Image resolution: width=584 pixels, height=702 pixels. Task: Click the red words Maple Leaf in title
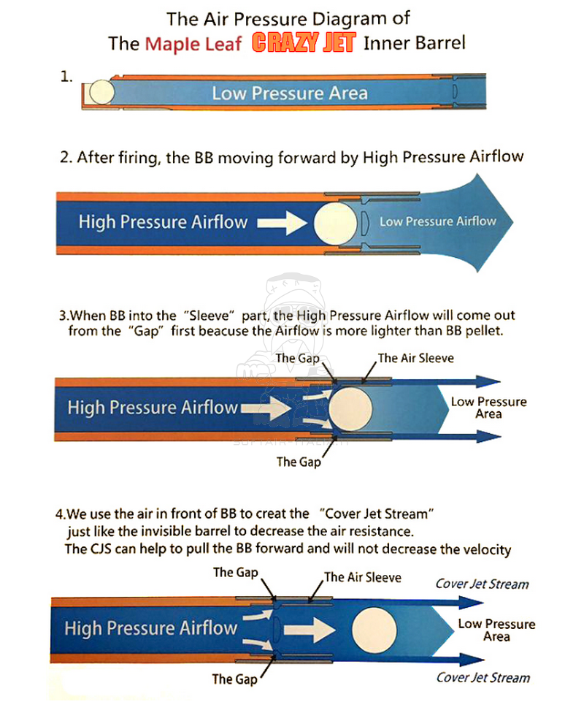click(193, 44)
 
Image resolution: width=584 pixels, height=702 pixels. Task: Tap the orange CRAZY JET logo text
click(304, 43)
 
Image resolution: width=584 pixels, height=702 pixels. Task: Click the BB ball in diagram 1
click(102, 92)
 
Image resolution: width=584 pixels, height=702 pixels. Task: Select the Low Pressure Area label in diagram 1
click(290, 93)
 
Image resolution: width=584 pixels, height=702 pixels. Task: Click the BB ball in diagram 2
click(336, 223)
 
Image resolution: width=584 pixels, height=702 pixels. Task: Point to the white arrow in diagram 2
click(283, 223)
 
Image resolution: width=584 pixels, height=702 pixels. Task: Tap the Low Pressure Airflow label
click(438, 221)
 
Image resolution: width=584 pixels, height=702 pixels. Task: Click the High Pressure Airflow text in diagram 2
click(163, 221)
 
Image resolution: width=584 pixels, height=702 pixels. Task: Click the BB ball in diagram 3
click(350, 408)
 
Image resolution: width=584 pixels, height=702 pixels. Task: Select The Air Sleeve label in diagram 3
click(416, 358)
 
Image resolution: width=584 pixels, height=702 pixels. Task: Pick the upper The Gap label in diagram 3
click(298, 358)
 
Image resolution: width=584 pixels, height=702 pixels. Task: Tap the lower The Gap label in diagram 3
click(299, 462)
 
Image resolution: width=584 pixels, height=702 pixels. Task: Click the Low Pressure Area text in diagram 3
click(488, 408)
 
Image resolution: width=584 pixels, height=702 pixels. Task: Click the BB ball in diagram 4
click(374, 630)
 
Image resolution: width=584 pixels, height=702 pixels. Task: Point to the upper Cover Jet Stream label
click(482, 584)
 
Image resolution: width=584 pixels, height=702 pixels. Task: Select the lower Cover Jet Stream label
click(483, 677)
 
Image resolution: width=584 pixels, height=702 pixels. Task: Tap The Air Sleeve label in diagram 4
click(363, 577)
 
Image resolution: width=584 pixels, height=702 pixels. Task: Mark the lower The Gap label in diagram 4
click(234, 679)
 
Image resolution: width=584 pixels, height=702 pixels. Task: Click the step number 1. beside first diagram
click(66, 77)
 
